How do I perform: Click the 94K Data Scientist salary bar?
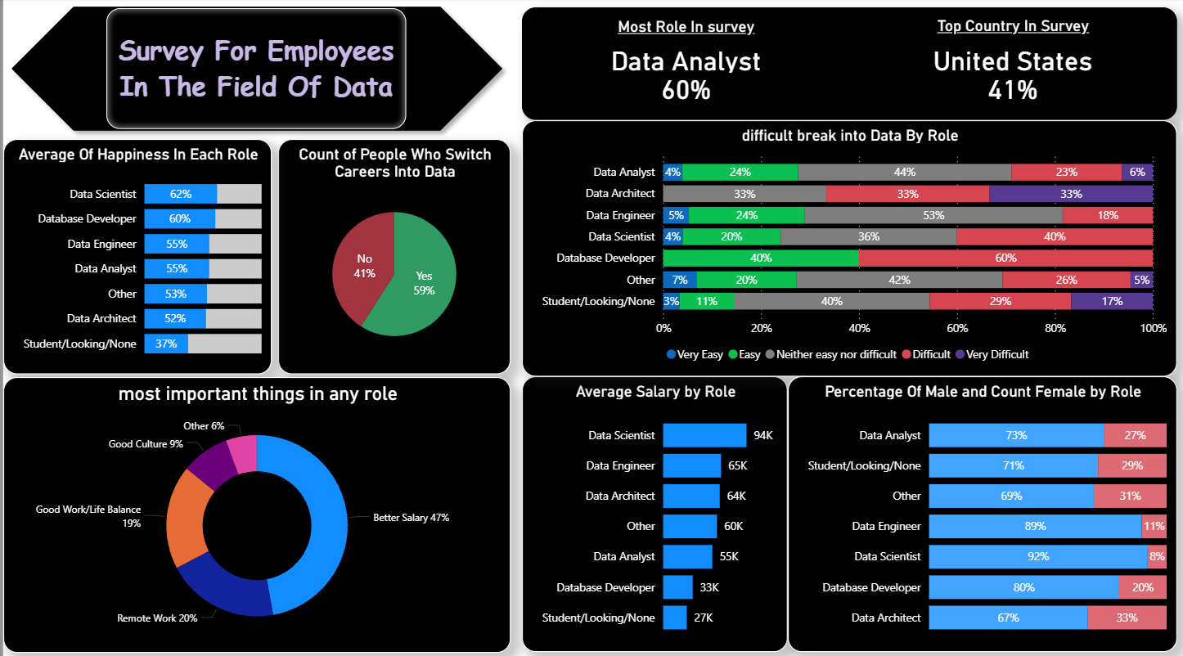pyautogui.click(x=704, y=435)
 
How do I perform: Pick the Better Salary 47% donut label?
pyautogui.click(x=411, y=518)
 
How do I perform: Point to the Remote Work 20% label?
pyautogui.click(x=157, y=618)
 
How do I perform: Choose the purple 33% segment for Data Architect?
pyautogui.click(x=1071, y=194)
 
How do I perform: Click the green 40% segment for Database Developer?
pyautogui.click(x=761, y=258)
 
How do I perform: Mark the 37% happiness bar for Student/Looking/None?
pyautogui.click(x=166, y=344)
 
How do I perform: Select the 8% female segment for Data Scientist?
pyautogui.click(x=1157, y=556)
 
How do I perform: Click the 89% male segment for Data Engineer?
pyautogui.click(x=1035, y=526)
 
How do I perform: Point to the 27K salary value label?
pyautogui.click(x=704, y=618)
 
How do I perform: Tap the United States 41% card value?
pyautogui.click(x=1013, y=75)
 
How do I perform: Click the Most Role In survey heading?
pyautogui.click(x=686, y=27)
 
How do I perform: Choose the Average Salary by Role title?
pyautogui.click(x=655, y=392)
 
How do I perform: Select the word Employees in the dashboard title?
pyautogui.click(x=331, y=52)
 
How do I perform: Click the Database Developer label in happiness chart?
pyautogui.click(x=87, y=218)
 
